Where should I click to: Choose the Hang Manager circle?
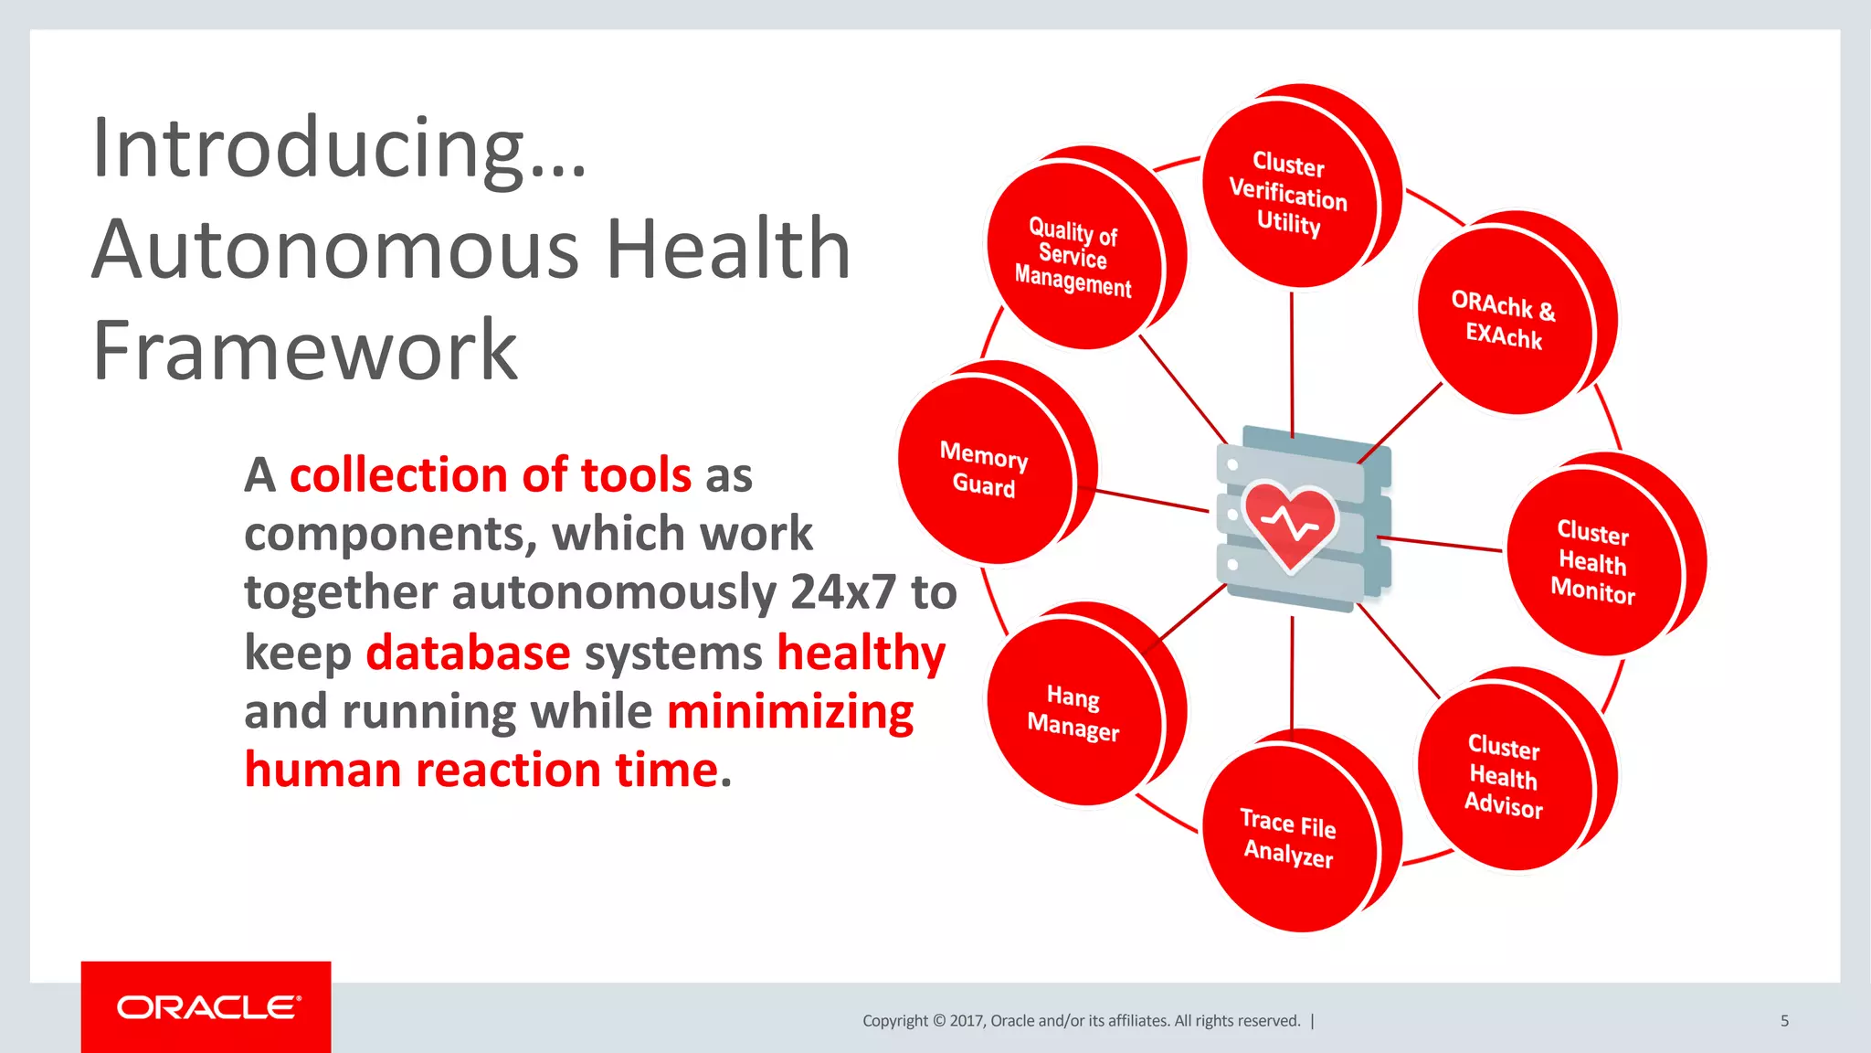click(x=1073, y=711)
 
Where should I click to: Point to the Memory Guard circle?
click(x=984, y=469)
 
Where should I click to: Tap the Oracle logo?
click(x=207, y=1007)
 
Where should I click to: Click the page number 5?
click(x=1784, y=1021)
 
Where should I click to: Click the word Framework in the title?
click(x=305, y=351)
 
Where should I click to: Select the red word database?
click(x=468, y=654)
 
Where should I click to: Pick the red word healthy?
click(x=861, y=654)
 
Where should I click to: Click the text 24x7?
click(x=842, y=592)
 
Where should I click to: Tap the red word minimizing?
click(x=790, y=713)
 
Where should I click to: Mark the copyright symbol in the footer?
click(x=937, y=1021)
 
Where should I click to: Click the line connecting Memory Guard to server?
click(x=1151, y=501)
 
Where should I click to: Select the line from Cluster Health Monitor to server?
click(x=1439, y=544)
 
